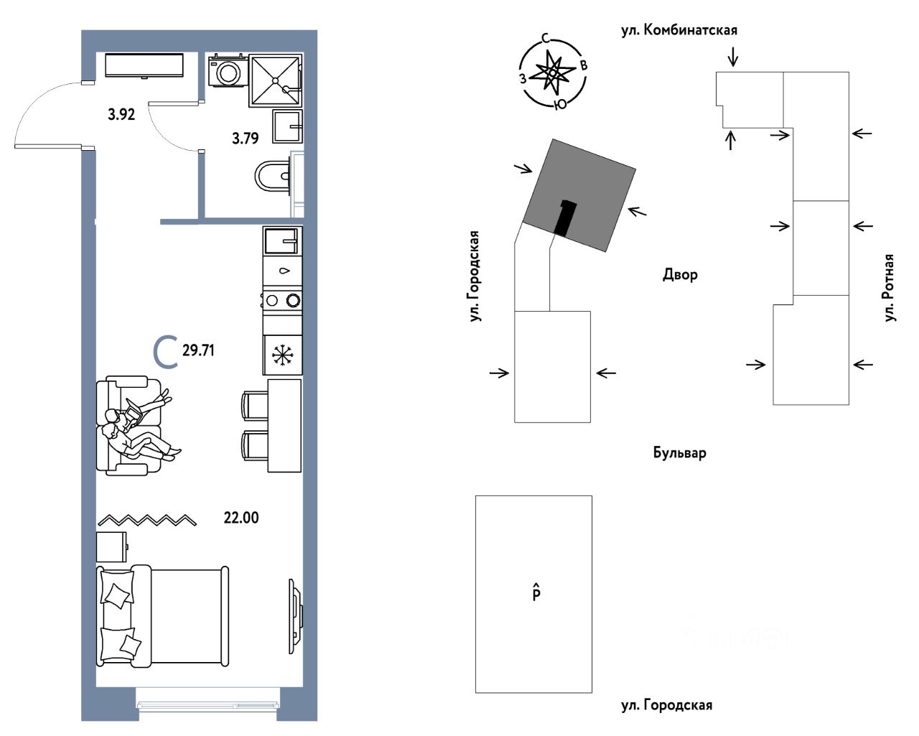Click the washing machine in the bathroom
[228, 72]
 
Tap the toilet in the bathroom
[271, 174]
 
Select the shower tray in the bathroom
[275, 81]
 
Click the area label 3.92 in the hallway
[121, 113]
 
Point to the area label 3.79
[246, 138]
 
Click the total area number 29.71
[198, 350]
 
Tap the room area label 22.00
[241, 517]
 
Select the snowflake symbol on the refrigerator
[281, 355]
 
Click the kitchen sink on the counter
[283, 240]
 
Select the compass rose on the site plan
[553, 73]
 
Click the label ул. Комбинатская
[679, 30]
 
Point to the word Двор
[680, 274]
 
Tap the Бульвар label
[679, 453]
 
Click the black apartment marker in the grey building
[565, 218]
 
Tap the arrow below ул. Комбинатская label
[732, 56]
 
